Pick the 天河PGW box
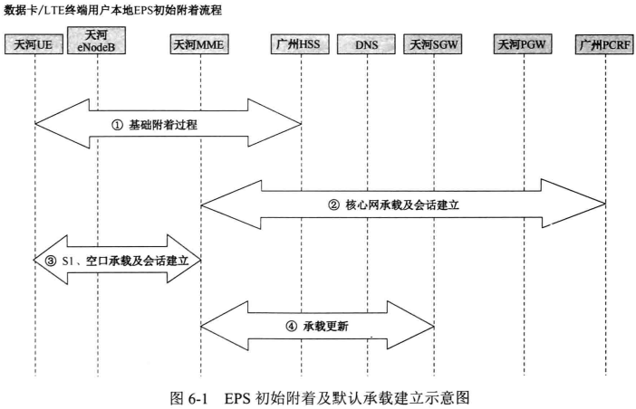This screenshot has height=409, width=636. tap(523, 44)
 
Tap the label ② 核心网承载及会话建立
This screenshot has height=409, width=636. tap(394, 204)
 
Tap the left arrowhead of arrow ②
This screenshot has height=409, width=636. tap(212, 204)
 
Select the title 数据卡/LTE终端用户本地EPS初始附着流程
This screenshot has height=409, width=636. tap(113, 10)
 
